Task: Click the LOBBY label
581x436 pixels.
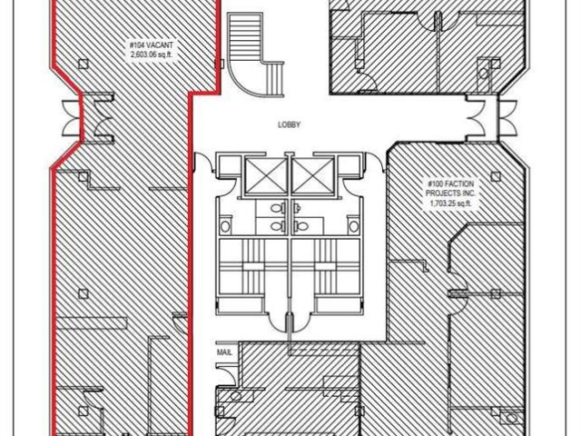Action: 289,125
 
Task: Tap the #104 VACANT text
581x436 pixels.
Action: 152,45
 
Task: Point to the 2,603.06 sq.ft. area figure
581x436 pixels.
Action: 152,54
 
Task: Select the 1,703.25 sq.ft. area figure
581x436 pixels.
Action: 450,203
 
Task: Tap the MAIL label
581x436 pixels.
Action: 224,352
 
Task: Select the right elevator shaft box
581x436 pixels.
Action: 313,176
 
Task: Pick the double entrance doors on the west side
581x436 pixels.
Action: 88,118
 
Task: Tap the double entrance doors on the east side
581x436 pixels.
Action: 491,118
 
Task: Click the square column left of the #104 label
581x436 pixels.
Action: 84,64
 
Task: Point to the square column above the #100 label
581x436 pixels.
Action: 496,176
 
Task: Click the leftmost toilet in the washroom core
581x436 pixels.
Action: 225,226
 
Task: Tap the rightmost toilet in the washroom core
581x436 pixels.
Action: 354,226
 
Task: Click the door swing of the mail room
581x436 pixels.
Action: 228,374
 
